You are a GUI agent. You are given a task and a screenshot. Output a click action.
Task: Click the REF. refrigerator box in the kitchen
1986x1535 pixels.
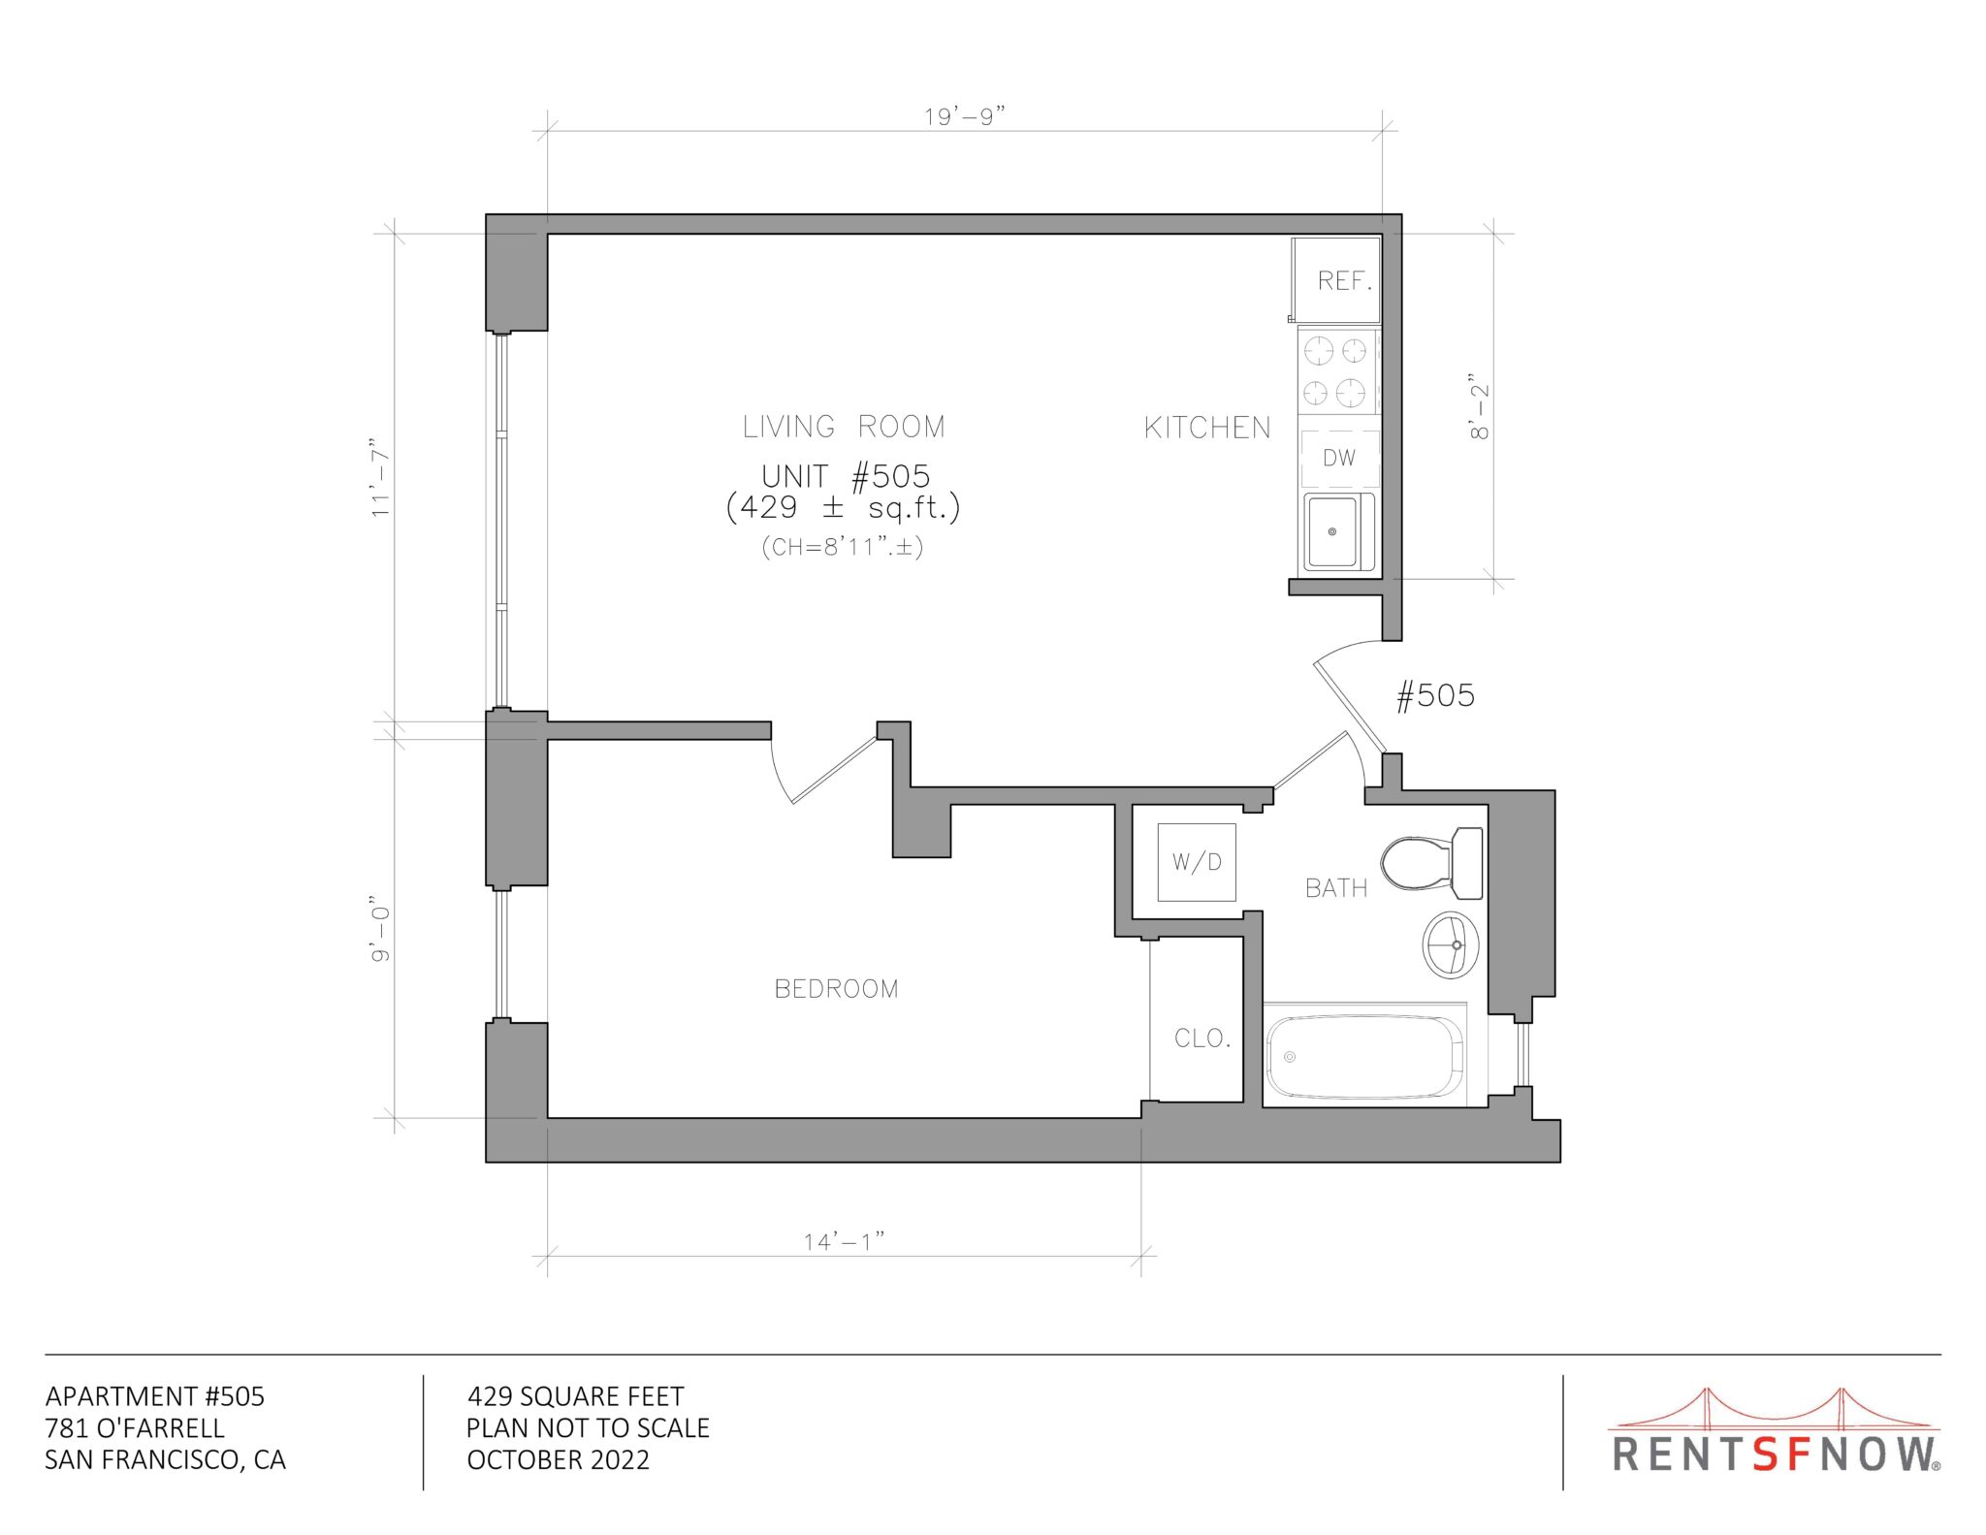point(1336,280)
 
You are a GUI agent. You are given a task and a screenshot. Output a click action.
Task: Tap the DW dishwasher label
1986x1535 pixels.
point(1339,458)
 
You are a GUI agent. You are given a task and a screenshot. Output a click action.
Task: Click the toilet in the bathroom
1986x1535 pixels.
point(1432,863)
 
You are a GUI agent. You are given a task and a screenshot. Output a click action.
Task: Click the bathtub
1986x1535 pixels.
point(1365,1056)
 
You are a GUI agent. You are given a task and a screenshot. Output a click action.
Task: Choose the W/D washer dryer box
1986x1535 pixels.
point(1197,862)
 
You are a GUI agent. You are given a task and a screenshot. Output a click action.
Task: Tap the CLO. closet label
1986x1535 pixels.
point(1202,1039)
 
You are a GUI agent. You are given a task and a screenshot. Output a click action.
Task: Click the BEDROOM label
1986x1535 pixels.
point(836,989)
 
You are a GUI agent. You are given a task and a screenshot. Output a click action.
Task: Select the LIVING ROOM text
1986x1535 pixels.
point(844,427)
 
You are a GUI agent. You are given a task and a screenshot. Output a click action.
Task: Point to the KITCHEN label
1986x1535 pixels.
point(1207,428)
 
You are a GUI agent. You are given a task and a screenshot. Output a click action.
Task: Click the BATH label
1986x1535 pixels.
point(1336,888)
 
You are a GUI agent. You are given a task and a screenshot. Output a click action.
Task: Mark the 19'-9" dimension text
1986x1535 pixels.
point(965,116)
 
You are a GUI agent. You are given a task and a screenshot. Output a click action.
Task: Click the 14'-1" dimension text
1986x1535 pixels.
point(845,1241)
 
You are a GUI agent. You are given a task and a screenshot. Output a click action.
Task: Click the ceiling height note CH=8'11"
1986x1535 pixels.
point(843,547)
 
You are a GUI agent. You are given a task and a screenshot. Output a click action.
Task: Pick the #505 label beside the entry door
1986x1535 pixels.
point(1435,695)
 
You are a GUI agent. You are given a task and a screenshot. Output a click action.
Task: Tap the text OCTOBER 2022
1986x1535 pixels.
point(559,1459)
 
